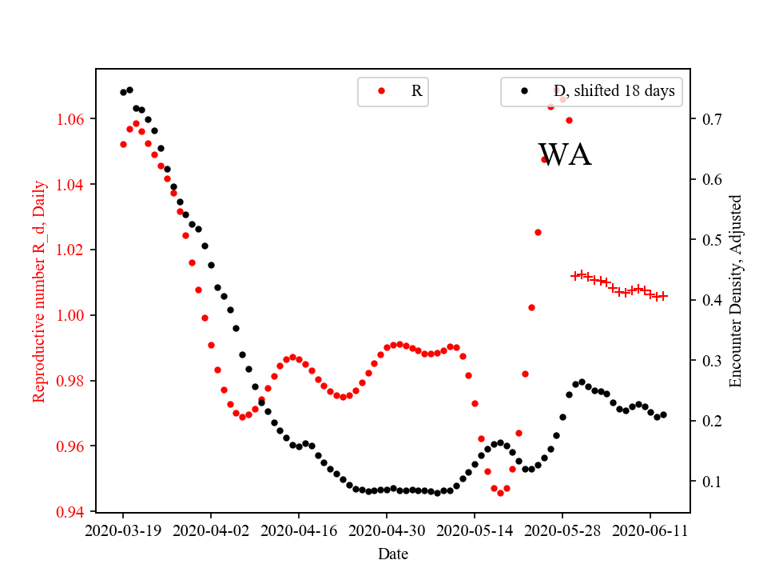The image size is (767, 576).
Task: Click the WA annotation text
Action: coord(565,155)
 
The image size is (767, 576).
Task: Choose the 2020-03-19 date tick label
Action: coord(123,530)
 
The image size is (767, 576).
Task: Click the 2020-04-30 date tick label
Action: coord(387,530)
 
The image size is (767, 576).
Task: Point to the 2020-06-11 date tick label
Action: coord(650,530)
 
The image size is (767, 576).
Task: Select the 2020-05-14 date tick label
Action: coord(475,530)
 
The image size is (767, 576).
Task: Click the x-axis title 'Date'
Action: coord(393,554)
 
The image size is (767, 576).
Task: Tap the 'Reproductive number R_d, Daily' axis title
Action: coord(39,291)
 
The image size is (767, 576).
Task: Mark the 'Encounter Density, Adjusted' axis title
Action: coord(736,291)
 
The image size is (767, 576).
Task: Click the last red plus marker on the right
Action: coord(663,296)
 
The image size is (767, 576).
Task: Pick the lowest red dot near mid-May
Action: coord(500,493)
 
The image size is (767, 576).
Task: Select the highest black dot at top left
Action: coord(129,90)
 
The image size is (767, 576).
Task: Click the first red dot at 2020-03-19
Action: coord(123,144)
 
